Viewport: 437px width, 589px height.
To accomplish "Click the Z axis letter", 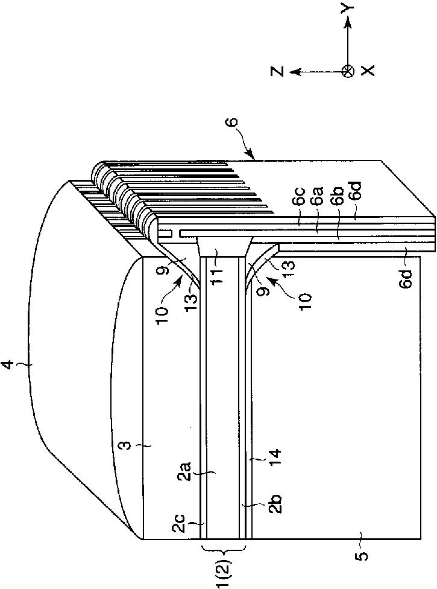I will pos(277,71).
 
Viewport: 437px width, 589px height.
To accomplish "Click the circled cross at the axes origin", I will pos(347,71).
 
